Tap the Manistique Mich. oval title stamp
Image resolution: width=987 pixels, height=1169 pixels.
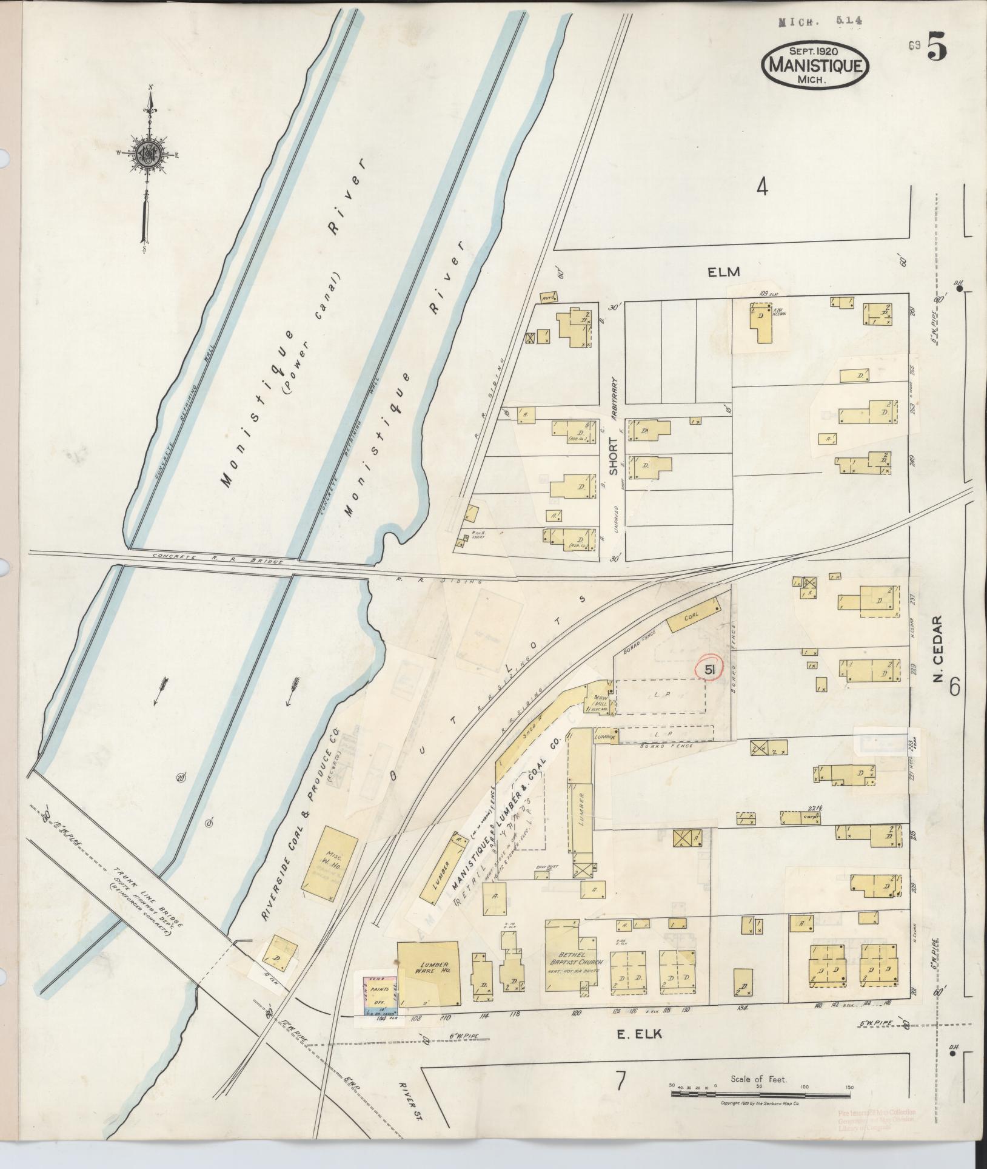[815, 65]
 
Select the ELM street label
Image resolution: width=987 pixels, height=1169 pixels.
[724, 272]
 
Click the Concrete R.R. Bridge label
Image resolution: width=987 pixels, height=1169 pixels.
[218, 558]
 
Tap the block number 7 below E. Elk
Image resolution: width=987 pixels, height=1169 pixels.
[620, 1100]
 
